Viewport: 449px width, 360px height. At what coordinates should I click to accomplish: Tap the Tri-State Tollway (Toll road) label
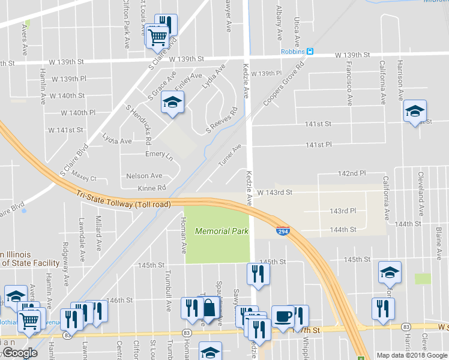point(124,199)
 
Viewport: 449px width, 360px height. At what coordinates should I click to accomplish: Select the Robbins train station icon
point(310,52)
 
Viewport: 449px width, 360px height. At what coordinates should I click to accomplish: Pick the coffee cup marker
point(283,316)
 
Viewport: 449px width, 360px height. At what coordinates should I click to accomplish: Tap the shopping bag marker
point(208,308)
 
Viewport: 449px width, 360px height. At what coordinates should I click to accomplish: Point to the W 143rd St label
point(274,193)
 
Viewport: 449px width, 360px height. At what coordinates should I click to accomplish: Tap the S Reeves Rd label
point(222,120)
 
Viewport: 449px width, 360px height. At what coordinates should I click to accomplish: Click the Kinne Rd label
point(151,188)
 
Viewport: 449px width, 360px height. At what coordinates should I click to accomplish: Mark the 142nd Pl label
point(352,173)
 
